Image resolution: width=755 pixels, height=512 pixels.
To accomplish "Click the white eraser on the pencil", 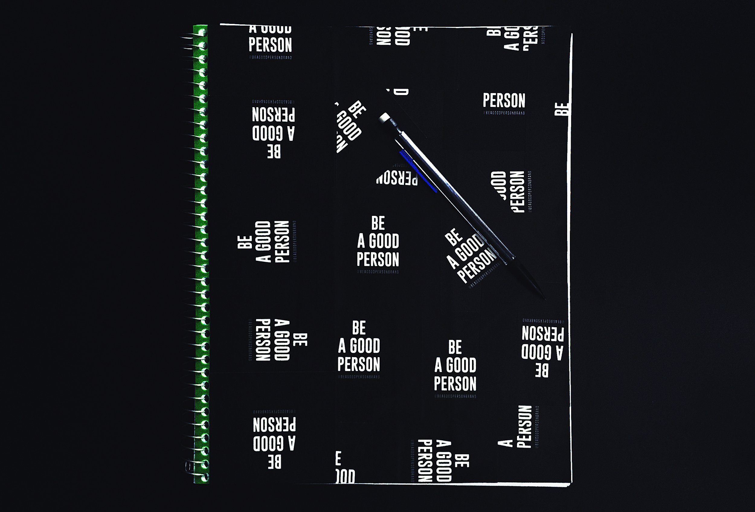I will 385,117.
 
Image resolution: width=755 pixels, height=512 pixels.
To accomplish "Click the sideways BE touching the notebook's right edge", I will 562,109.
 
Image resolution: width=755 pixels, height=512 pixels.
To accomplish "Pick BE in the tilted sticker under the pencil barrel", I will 454,237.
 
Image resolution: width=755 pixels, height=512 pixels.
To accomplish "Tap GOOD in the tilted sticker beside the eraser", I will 349,125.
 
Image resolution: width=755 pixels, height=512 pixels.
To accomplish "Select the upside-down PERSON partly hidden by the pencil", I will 397,178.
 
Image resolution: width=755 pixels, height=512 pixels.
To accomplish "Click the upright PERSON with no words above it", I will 504,100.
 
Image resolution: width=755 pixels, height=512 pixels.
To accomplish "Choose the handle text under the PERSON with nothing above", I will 505,113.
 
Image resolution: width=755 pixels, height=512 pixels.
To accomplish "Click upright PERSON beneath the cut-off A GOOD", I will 270,45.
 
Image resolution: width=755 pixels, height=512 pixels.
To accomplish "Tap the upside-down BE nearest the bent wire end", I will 275,462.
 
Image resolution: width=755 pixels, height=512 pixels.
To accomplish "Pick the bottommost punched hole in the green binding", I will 204,478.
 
